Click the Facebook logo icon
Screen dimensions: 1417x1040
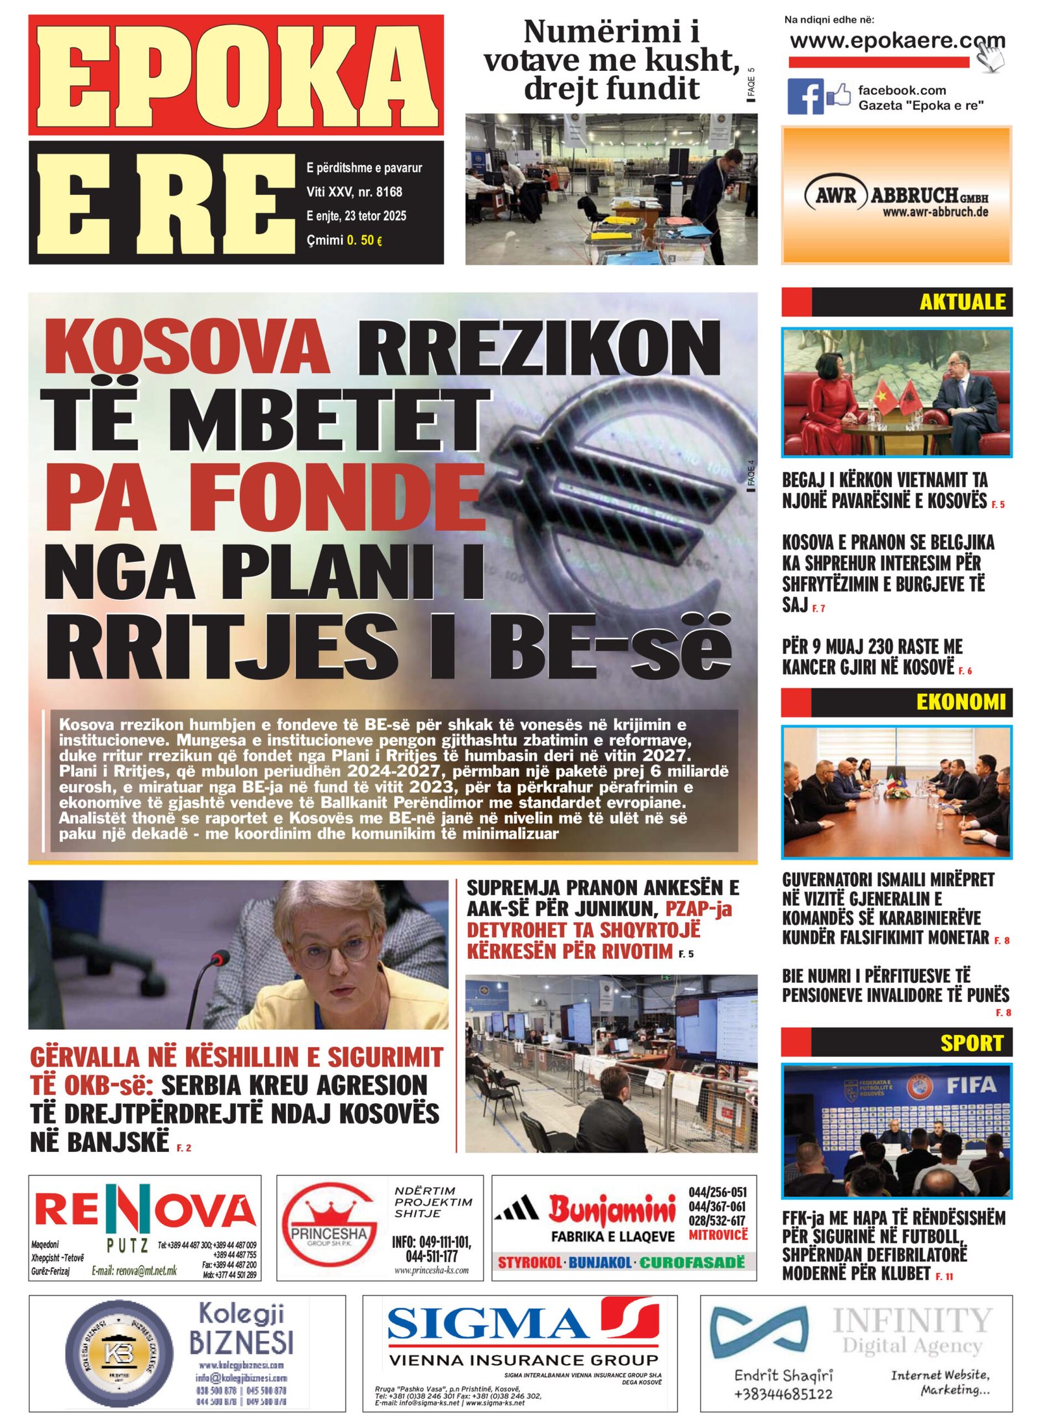(x=805, y=96)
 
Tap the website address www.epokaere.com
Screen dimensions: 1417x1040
(x=896, y=41)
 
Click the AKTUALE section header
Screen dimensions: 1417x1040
(x=962, y=301)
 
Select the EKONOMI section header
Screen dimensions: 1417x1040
(x=960, y=702)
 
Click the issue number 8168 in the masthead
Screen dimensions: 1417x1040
(x=389, y=192)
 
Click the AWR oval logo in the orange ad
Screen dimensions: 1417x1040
(x=836, y=195)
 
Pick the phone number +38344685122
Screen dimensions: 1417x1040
(x=783, y=1394)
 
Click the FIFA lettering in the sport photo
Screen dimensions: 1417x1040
(x=971, y=1084)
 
